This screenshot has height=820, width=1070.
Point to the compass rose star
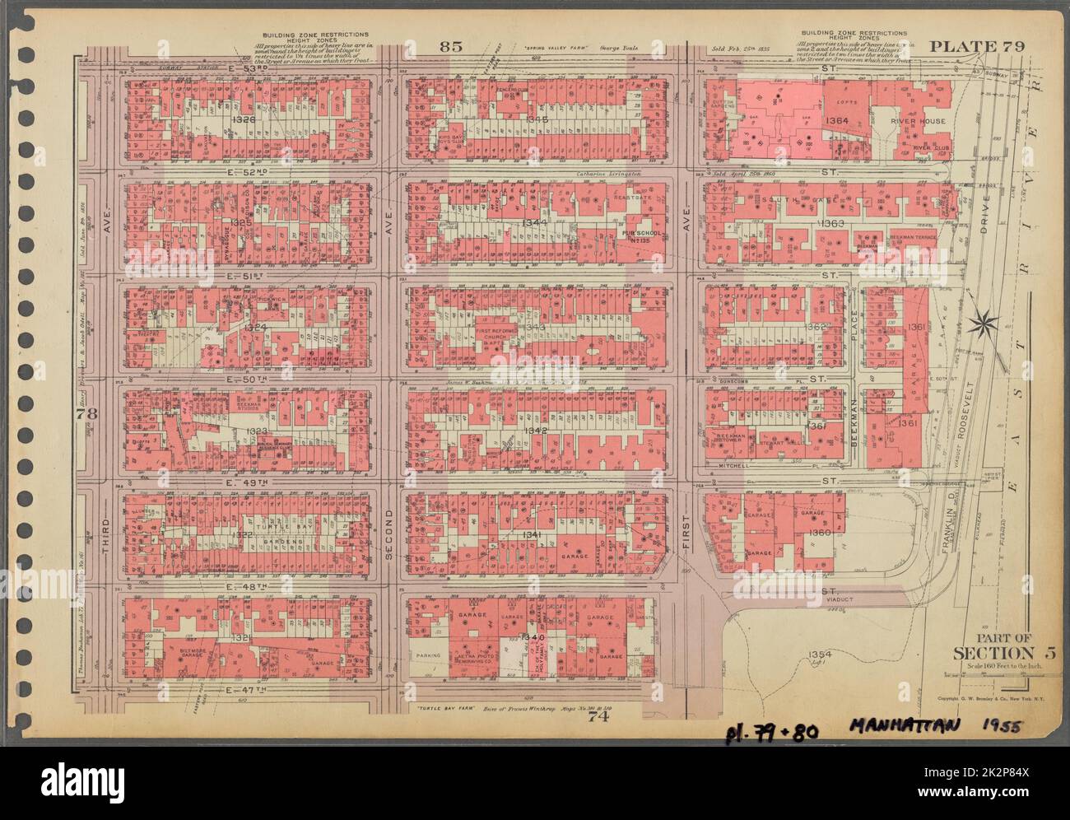click(980, 319)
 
